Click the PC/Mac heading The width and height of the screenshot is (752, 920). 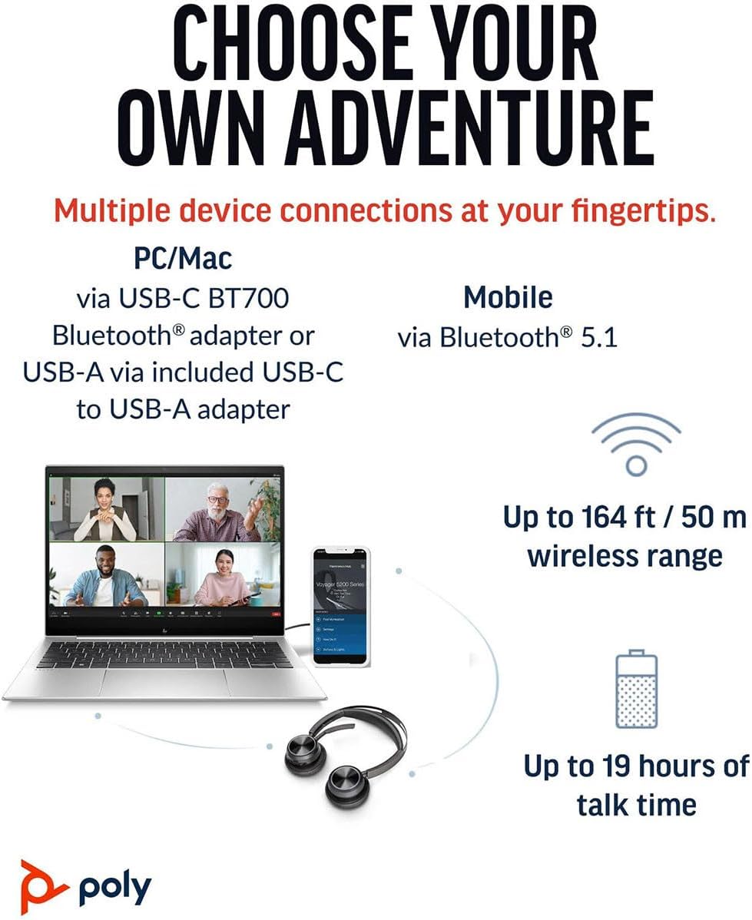pos(183,258)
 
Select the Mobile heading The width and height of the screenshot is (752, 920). pos(508,297)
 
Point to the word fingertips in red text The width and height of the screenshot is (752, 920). pos(624,210)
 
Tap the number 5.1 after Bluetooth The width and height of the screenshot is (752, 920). pos(600,338)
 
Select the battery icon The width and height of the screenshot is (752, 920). pos(636,689)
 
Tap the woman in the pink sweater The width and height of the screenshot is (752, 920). pos(221,576)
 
